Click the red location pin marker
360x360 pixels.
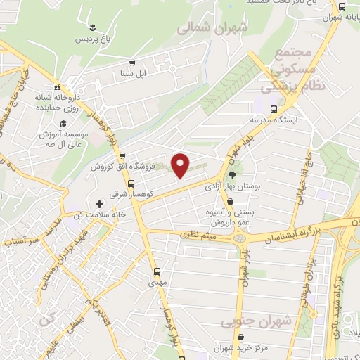[181, 165]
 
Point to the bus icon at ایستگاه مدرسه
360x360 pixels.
[274, 109]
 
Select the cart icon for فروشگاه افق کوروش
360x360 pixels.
[122, 156]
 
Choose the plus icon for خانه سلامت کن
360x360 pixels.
[99, 204]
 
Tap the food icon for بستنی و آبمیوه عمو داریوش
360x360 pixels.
[230, 201]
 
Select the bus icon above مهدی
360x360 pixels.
[156, 270]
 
